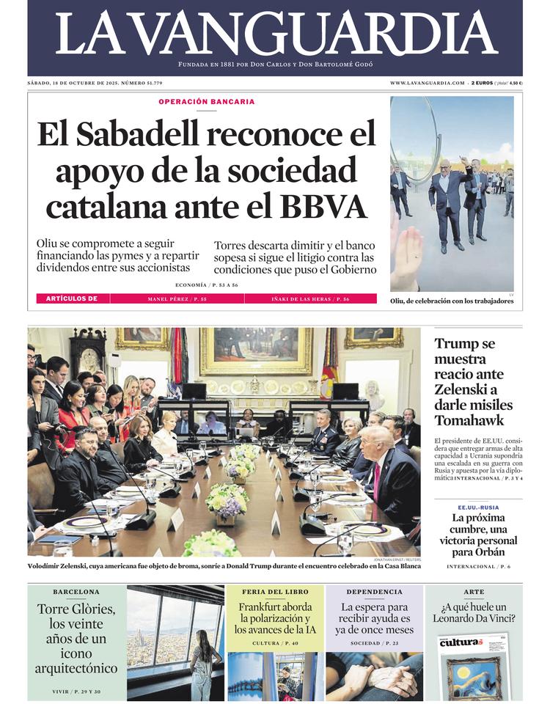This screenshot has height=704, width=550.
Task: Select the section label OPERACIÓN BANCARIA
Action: tap(207, 101)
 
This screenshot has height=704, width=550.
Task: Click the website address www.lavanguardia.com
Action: tap(427, 83)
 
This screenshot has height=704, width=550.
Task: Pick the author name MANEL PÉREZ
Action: tap(177, 299)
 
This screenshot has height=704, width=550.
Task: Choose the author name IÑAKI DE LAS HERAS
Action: tap(310, 299)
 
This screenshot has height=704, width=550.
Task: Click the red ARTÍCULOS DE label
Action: tap(72, 299)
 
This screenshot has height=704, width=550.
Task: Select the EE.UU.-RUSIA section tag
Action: tap(478, 507)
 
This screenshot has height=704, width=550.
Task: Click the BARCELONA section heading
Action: tap(76, 592)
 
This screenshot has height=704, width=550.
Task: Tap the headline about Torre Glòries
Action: tap(76, 638)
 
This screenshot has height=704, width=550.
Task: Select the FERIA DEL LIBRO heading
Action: tap(275, 592)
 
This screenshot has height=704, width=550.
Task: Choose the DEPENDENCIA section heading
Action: tap(374, 592)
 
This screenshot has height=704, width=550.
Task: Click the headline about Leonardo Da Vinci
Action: tap(474, 612)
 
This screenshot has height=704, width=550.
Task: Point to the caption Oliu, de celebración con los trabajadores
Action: tap(452, 301)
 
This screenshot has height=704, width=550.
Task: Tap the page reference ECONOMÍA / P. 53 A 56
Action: tap(206, 285)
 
